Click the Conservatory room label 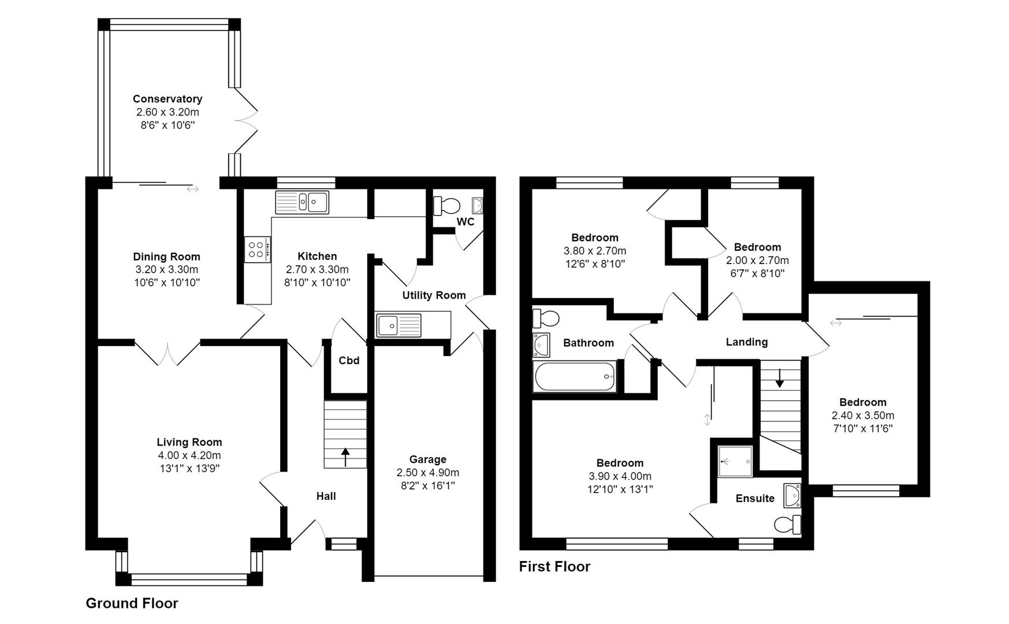pos(167,99)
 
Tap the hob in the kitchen pos(257,250)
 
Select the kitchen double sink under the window pos(302,202)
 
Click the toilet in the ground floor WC pos(446,205)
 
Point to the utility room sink pos(399,325)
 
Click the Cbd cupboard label pos(349,361)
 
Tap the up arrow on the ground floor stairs pos(345,456)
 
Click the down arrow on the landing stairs pos(780,378)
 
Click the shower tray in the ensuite pos(735,461)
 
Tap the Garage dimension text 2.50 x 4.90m pos(427,473)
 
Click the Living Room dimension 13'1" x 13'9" pos(189,469)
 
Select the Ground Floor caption pos(132,603)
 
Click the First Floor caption pos(554,566)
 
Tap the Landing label pos(746,342)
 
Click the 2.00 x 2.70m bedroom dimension pos(757,261)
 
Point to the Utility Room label pos(434,295)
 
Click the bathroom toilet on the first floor pos(546,318)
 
